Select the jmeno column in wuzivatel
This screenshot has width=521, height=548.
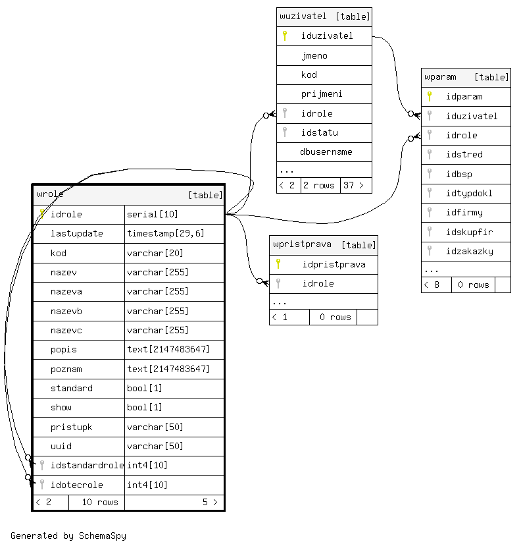tap(314, 55)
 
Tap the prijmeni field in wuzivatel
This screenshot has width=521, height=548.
tap(322, 94)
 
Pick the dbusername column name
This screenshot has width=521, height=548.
tap(326, 151)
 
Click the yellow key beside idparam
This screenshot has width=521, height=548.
tap(430, 96)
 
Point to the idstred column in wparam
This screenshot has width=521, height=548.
tap(464, 154)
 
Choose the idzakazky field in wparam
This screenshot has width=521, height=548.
tap(470, 251)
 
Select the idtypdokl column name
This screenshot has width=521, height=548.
tap(469, 193)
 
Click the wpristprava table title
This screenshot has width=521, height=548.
tap(303, 244)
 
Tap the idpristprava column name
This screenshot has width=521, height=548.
tap(334, 264)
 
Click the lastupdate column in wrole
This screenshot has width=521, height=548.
tap(77, 233)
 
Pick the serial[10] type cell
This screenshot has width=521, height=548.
tap(153, 214)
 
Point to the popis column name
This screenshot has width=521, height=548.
tap(64, 349)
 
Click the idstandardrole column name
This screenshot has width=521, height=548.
tap(87, 465)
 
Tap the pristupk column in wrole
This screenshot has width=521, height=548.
tap(72, 427)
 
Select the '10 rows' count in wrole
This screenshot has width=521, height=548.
tap(100, 502)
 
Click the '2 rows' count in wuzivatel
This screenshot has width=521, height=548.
tap(320, 185)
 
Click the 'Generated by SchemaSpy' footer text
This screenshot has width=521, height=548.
tap(68, 535)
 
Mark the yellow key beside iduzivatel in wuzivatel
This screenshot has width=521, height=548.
tap(285, 36)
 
